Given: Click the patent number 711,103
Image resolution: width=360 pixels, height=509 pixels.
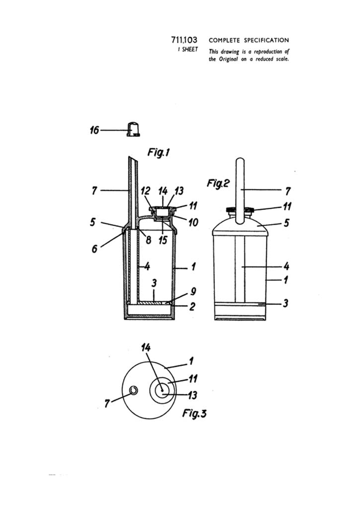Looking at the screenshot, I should (184, 40).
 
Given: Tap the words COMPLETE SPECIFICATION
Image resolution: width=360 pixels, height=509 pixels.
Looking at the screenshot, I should (249, 40).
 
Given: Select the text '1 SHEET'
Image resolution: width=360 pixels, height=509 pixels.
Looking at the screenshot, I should (187, 49).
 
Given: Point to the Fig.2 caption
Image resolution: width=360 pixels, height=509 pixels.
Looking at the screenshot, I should (218, 183).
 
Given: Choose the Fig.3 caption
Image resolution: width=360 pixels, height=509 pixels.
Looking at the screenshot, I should (194, 414).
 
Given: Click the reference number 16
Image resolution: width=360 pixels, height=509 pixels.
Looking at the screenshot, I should (94, 130).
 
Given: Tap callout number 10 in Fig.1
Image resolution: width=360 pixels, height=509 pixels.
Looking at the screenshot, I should (192, 222).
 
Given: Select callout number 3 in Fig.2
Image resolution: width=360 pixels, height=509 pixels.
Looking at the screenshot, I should (285, 303).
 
